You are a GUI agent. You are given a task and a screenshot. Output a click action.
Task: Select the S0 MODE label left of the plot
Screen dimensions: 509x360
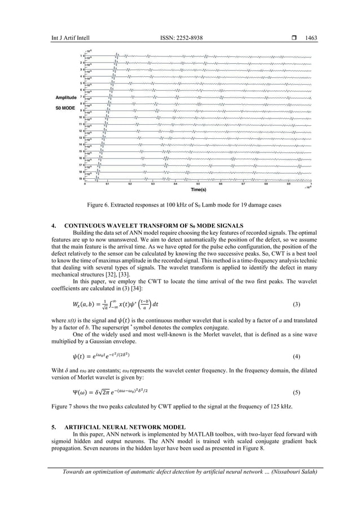pyautogui.click(x=65, y=107)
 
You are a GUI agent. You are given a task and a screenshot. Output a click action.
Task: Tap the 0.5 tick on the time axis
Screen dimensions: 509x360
pyautogui.click(x=198, y=184)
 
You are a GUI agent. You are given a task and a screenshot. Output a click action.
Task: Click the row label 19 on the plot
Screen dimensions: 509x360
pyautogui.click(x=81, y=179)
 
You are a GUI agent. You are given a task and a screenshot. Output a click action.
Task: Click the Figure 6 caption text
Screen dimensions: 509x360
pyautogui.click(x=180, y=206)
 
